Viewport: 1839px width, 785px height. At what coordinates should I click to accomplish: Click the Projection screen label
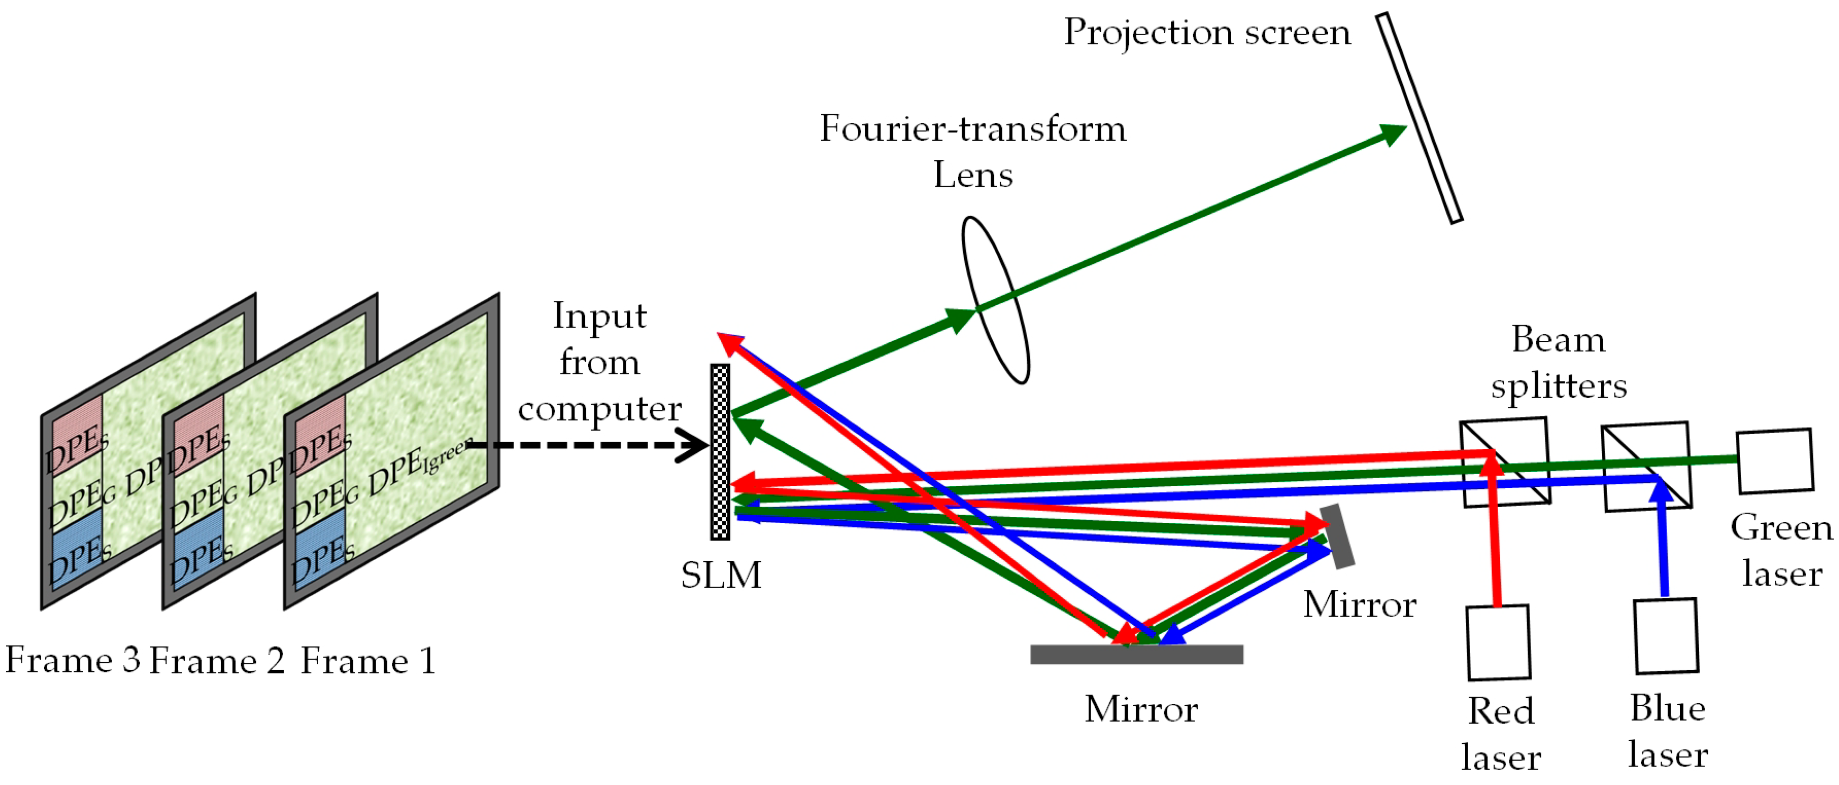(x=1207, y=33)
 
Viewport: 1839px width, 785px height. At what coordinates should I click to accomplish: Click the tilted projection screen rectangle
(x=1419, y=118)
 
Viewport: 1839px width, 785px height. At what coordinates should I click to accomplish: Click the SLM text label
(x=720, y=575)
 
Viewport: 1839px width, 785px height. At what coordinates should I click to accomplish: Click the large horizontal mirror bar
(x=1137, y=654)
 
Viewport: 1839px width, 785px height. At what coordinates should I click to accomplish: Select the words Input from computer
(x=599, y=362)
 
